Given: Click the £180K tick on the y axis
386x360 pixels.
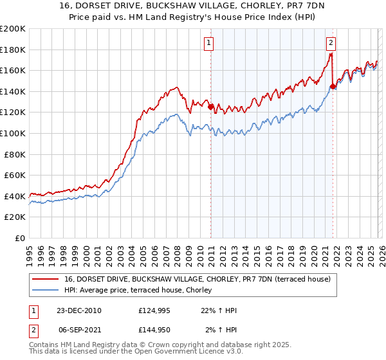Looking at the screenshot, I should click(x=14, y=50).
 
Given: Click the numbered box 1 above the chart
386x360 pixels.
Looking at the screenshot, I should click(x=210, y=44).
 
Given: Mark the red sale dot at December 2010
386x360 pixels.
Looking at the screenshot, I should click(x=210, y=107).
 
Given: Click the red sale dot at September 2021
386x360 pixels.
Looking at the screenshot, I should click(x=333, y=86).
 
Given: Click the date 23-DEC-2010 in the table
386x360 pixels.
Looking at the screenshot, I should click(x=78, y=310).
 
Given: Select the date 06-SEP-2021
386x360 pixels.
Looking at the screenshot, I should click(x=78, y=330).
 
